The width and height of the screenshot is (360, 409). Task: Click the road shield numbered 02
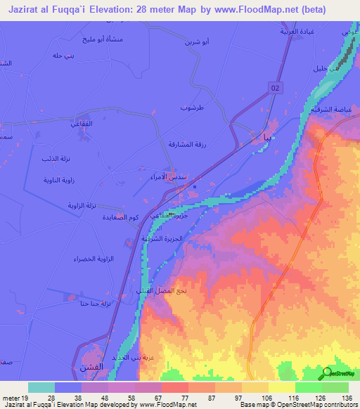point(276,86)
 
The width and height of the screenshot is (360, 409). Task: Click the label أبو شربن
point(196,42)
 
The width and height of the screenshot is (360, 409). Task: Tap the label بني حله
point(63,56)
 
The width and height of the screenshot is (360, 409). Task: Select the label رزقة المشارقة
point(187,144)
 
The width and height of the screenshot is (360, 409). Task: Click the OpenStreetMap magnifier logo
point(326,372)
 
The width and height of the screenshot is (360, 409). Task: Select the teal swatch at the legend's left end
point(41,387)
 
